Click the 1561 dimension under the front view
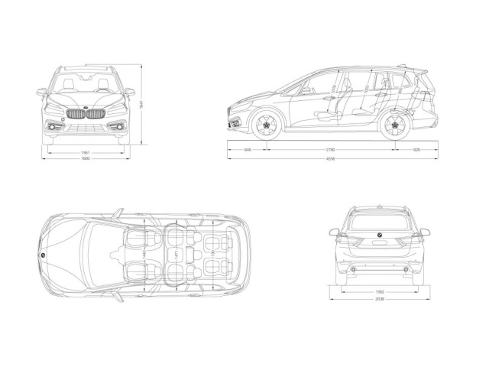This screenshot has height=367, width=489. coord(86,152)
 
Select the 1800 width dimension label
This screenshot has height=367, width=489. coord(86,159)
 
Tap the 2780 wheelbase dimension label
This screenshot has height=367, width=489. coord(330,150)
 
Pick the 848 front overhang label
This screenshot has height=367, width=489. coord(248,150)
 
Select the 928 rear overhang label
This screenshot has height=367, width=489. coord(416,150)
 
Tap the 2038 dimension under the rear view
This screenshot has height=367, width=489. coord(380,300)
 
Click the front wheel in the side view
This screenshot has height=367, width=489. coord(265,126)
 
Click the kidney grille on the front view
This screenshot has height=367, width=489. coord(86,115)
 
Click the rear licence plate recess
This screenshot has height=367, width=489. coord(380,246)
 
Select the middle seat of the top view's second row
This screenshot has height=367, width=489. coord(177,253)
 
